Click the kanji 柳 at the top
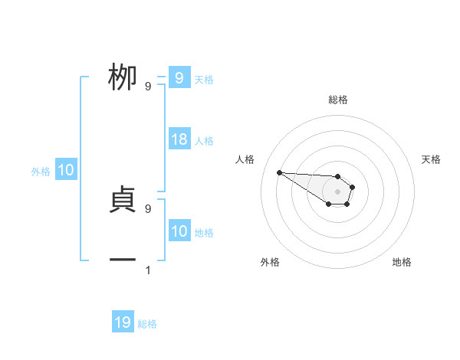pyautogui.click(x=123, y=78)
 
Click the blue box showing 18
pyautogui.click(x=179, y=139)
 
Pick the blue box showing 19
pyautogui.click(x=123, y=322)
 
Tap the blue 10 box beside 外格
pyautogui.click(x=65, y=171)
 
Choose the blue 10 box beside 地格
pyautogui.click(x=179, y=231)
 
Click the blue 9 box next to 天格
pyautogui.click(x=179, y=78)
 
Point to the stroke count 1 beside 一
pyautogui.click(x=148, y=270)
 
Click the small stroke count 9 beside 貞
pyautogui.click(x=148, y=208)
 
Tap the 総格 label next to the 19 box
pyautogui.click(x=147, y=324)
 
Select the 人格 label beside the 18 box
pyautogui.click(x=204, y=141)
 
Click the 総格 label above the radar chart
pyautogui.click(x=338, y=100)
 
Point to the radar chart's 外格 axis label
pyautogui.click(x=270, y=262)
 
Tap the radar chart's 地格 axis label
pyautogui.click(x=402, y=262)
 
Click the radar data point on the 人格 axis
pyautogui.click(x=279, y=172)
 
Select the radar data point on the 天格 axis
pyautogui.click(x=353, y=186)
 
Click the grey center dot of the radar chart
pyautogui.click(x=338, y=191)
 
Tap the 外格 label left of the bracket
pyautogui.click(x=41, y=172)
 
